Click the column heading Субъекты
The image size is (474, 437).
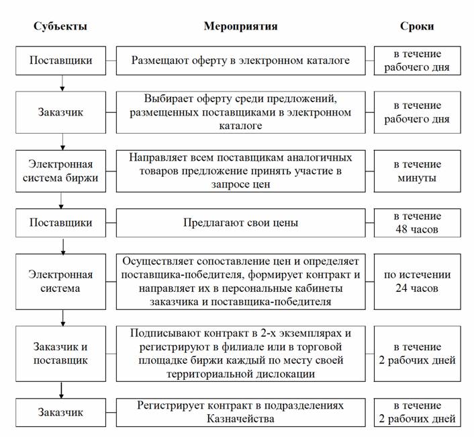[61, 26]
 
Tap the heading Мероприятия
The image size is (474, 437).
[241, 26]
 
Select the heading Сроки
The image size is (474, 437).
[417, 26]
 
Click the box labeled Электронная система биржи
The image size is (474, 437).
[61, 170]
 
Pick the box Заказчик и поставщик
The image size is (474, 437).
[61, 353]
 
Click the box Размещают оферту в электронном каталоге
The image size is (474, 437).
[241, 61]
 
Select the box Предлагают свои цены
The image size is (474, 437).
[241, 223]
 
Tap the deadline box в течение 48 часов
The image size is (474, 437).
[417, 223]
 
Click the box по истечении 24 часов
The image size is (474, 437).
[417, 282]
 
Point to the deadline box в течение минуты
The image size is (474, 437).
[417, 170]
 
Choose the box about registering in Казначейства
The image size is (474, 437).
[241, 412]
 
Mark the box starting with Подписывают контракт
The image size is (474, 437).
[241, 353]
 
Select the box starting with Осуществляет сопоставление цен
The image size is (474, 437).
[241, 282]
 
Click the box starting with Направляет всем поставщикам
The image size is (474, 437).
[241, 170]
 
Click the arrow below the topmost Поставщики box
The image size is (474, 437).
[62, 83]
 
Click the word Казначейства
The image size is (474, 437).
[241, 419]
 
